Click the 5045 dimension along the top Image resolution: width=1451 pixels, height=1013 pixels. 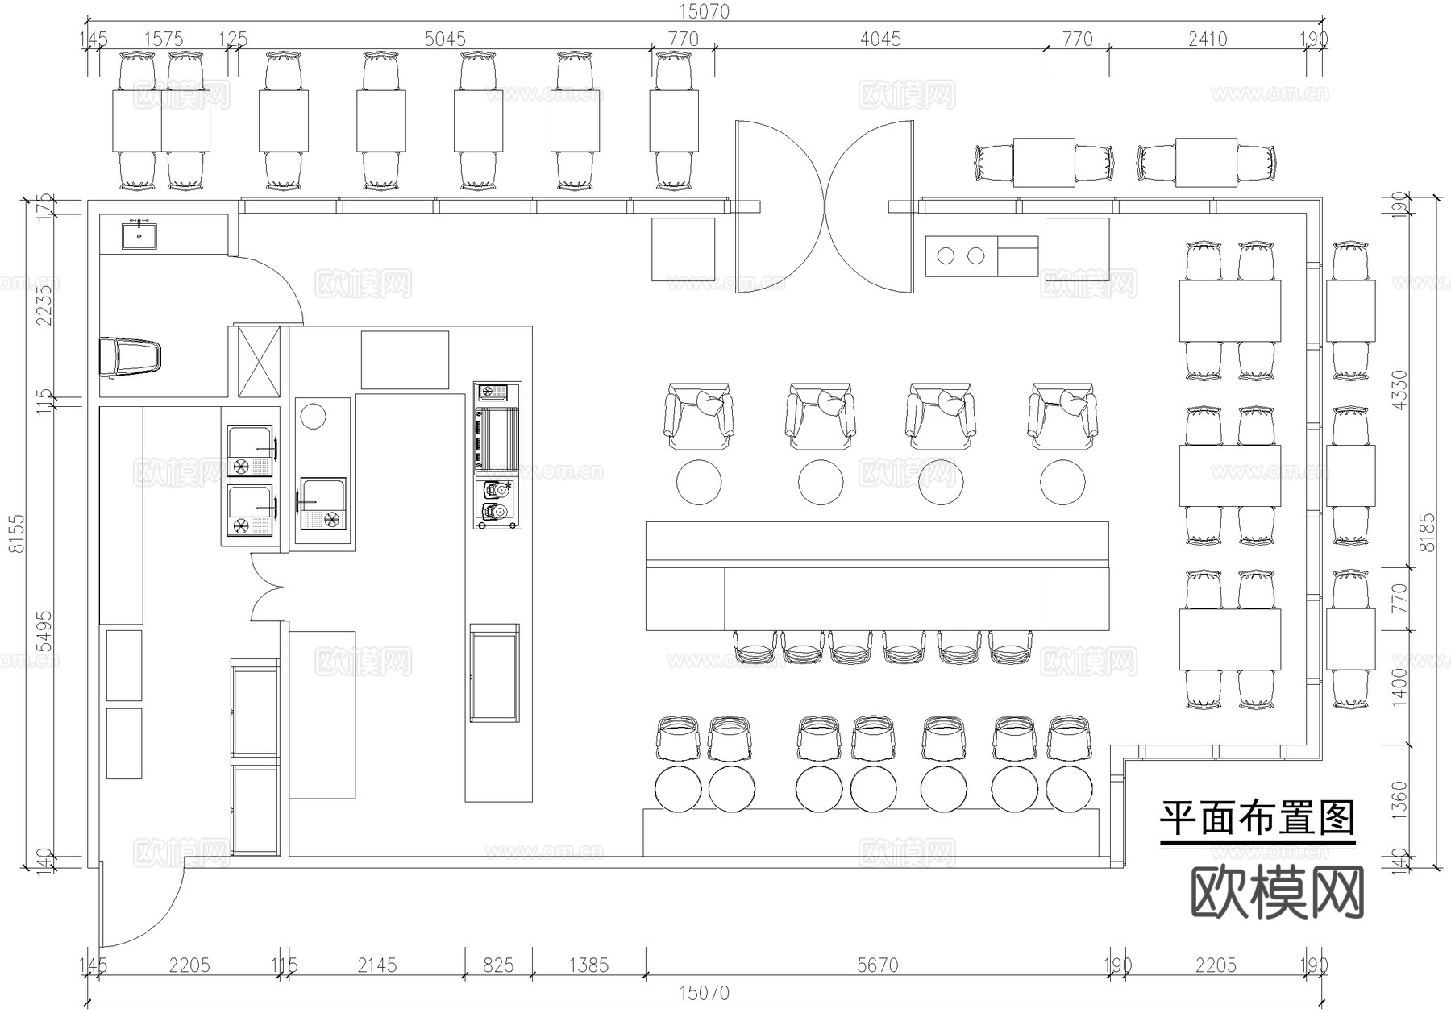click(445, 39)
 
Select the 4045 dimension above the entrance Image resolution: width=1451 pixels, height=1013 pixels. click(879, 39)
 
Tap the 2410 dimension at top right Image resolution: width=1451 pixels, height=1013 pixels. click(1207, 39)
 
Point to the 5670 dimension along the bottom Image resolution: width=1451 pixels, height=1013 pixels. click(877, 965)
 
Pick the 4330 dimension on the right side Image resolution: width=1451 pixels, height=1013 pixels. click(1399, 389)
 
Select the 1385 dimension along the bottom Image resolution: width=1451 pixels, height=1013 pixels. click(588, 965)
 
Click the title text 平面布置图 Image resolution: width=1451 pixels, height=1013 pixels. click(1257, 818)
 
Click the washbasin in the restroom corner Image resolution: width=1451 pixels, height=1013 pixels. click(139, 235)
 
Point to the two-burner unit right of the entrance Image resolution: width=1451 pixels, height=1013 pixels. click(961, 256)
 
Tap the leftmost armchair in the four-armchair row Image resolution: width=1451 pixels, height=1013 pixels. click(699, 417)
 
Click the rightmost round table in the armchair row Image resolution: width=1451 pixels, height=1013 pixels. click(1062, 482)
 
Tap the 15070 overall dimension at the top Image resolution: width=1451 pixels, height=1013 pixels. click(704, 11)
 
